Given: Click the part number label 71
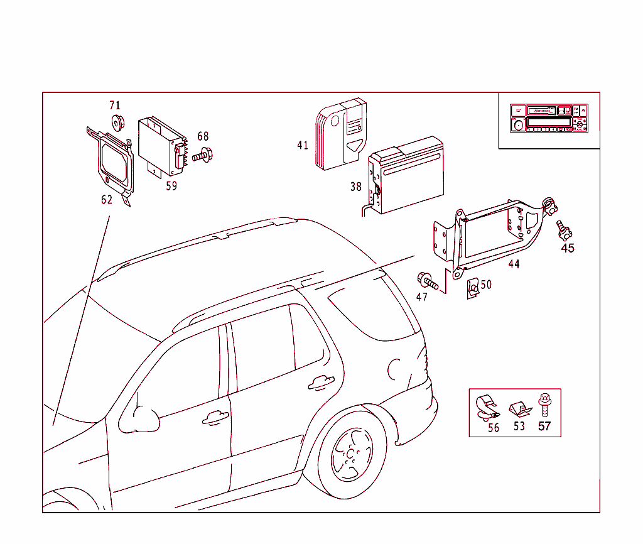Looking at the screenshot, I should coord(114,106).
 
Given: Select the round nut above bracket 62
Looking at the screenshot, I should coord(116,121).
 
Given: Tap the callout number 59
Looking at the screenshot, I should coord(171,186).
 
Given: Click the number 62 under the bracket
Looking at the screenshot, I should coord(107,200).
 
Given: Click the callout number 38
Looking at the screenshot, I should coord(356,187).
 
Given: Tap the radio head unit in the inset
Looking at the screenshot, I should coord(549,118).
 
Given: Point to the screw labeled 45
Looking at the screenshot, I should coord(564,230).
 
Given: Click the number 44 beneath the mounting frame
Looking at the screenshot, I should coord(514,264).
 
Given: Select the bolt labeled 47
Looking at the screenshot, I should coord(425,280).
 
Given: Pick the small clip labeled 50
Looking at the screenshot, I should coord(471,289).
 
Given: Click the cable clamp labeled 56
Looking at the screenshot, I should coord(487,408).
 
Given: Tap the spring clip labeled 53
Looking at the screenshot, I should coord(519,410).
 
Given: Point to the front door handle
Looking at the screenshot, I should coord(215,416).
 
